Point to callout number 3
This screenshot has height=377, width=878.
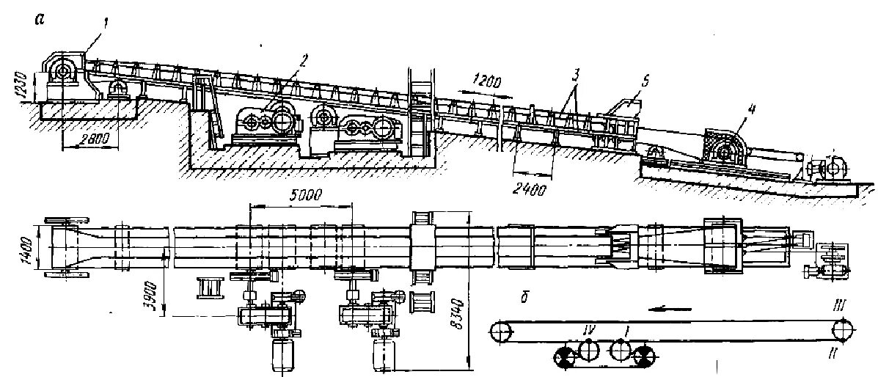point(577,75)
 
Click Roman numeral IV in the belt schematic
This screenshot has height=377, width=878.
point(588,331)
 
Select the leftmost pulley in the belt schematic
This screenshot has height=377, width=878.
point(501,332)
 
